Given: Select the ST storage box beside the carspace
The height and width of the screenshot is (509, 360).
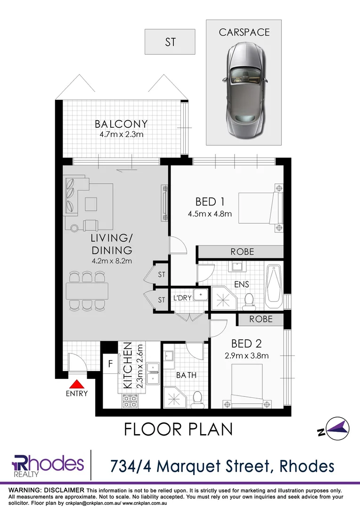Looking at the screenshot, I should (170, 42).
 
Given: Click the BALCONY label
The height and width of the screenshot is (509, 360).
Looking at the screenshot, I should (121, 124).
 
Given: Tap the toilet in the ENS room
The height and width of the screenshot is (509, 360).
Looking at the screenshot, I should (248, 301).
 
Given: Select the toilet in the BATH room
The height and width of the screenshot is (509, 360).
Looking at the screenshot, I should (198, 399).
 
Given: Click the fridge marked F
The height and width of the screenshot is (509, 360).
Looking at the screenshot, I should (110, 364).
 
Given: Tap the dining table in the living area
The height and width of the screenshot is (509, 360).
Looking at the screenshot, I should (87, 291).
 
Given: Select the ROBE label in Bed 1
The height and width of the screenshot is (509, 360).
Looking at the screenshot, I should (242, 252).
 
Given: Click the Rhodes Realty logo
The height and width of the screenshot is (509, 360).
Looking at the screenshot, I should (47, 464).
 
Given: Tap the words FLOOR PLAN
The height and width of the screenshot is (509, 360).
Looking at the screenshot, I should (179, 429).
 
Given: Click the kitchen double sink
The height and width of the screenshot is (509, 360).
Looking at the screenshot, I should (153, 373).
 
